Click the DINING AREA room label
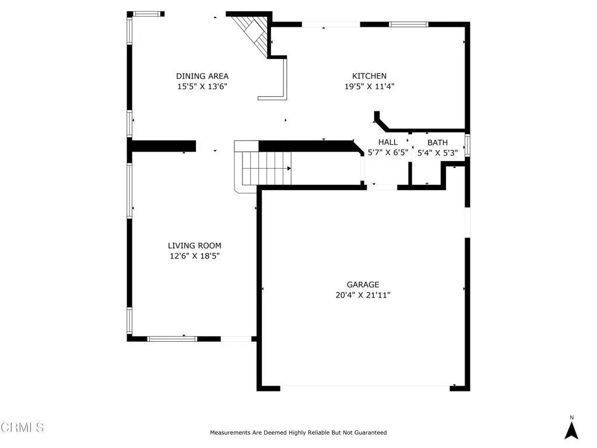tap(202, 76)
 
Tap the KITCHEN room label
tap(369, 76)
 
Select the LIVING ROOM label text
tap(195, 246)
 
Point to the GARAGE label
tap(363, 285)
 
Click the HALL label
tap(388, 142)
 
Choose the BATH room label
tap(437, 143)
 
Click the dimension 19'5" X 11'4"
tap(369, 86)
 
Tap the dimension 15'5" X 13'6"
tap(202, 86)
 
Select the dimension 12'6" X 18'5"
tap(195, 256)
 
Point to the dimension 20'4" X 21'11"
tap(363, 295)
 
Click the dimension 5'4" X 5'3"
tap(437, 153)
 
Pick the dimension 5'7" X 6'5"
tap(388, 153)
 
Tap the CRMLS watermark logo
tap(22, 428)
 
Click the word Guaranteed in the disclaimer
tap(370, 432)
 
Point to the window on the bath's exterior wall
tap(468, 145)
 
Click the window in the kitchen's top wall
tap(409, 24)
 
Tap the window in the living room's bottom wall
tap(172, 339)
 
